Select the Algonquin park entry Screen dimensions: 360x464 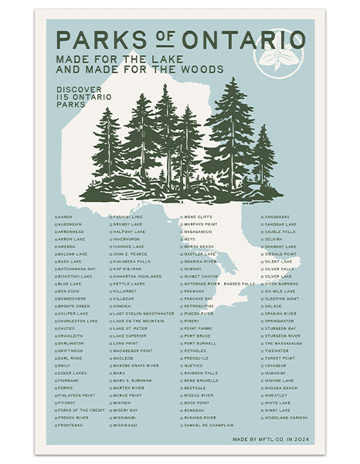pos(72,224)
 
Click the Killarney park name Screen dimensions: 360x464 pos(127,290)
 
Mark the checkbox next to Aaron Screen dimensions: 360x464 pos(56,217)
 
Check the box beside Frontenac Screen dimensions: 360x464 pos(56,425)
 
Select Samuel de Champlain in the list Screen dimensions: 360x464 pos(209,425)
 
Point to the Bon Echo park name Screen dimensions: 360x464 pos(70,291)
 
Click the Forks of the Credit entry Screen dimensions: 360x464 pos(81,410)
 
